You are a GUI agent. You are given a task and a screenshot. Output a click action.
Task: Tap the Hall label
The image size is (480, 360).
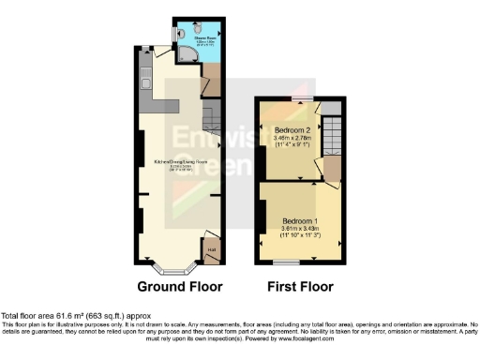pyautogui.click(x=211, y=250)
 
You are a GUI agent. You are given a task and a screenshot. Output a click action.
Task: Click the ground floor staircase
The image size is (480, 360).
pyautogui.click(x=211, y=117)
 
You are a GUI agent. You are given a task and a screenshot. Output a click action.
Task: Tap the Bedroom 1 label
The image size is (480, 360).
pyautogui.click(x=300, y=220)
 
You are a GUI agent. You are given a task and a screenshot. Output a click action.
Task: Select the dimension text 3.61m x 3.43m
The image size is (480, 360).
pyautogui.click(x=300, y=229)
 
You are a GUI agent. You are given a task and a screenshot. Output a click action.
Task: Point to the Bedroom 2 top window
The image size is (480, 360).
pyautogui.click(x=301, y=97)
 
